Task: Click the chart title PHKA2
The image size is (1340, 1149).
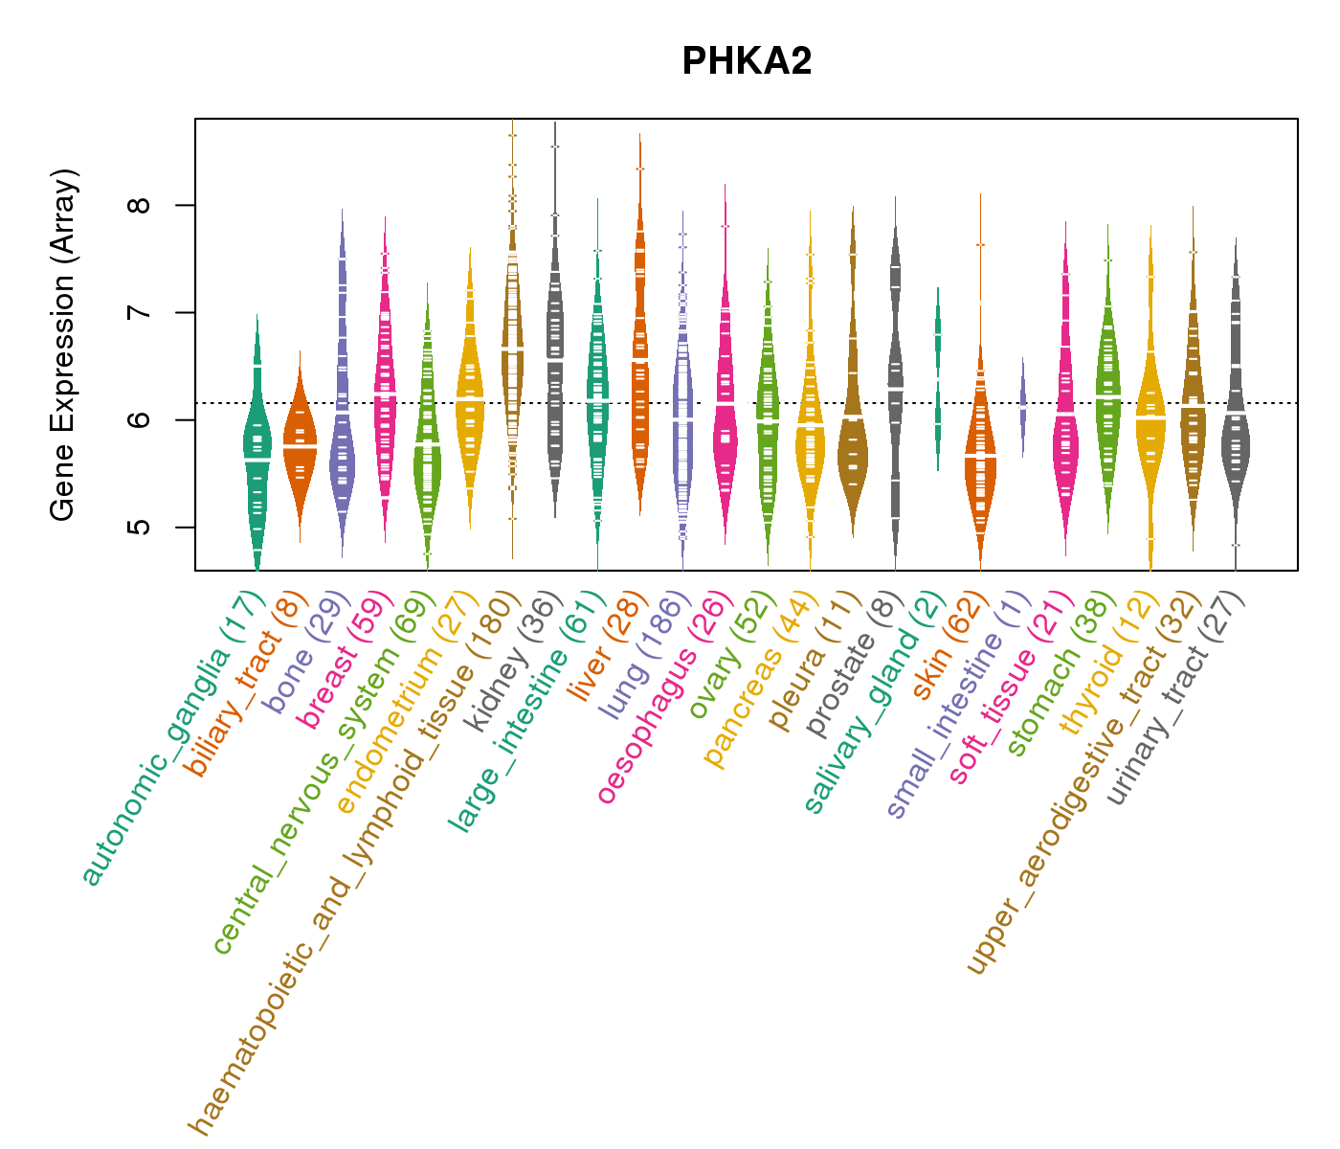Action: pyautogui.click(x=747, y=62)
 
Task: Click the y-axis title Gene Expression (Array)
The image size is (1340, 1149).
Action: pyautogui.click(x=63, y=345)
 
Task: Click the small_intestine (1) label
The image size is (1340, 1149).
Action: pyautogui.click(x=958, y=705)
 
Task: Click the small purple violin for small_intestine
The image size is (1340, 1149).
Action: pyautogui.click(x=1022, y=407)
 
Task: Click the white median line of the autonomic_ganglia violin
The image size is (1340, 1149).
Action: pyautogui.click(x=257, y=461)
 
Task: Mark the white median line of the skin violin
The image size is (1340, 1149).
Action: pyautogui.click(x=980, y=457)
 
